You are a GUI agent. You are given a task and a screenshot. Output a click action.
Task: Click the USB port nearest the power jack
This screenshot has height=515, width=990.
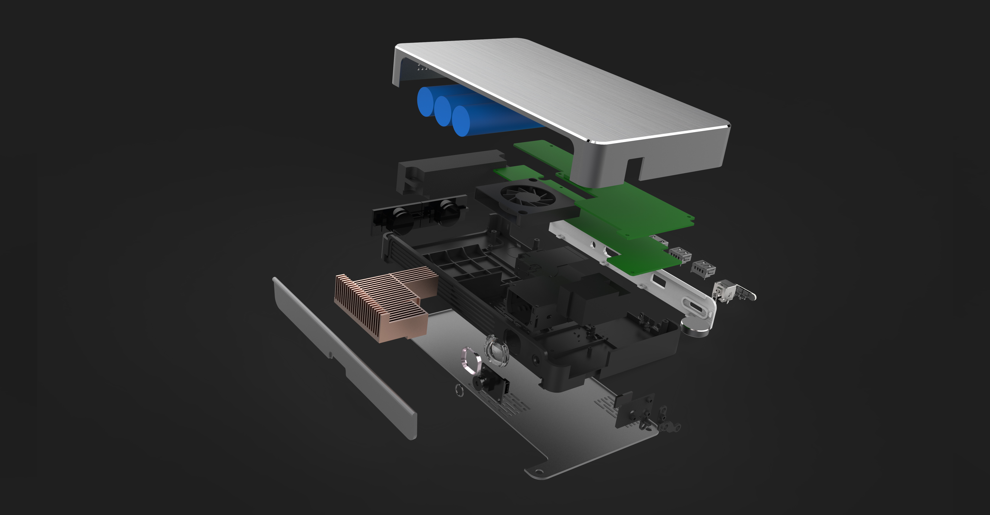click(x=703, y=267)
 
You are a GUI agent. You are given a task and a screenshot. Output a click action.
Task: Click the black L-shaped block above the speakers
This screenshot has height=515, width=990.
click(x=442, y=169)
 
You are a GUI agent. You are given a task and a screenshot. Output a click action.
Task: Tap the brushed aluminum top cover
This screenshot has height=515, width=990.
click(x=557, y=88)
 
